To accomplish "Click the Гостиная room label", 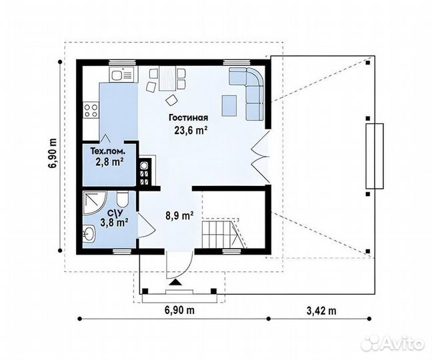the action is [x=189, y=117].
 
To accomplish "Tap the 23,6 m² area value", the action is [x=191, y=130].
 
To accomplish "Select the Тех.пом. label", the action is [x=108, y=151].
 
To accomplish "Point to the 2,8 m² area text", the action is [x=109, y=162].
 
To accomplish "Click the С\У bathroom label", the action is [x=114, y=213].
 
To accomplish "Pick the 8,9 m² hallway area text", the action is [x=179, y=216].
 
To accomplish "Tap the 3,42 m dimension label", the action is [x=321, y=311].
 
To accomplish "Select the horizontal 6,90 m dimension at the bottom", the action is [x=179, y=310].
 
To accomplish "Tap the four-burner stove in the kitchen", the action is [x=91, y=110].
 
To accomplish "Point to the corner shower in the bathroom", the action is [x=94, y=203].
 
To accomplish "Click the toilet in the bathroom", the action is [x=122, y=199].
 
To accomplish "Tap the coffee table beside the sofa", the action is [x=229, y=105].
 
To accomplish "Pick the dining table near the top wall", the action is [x=167, y=78].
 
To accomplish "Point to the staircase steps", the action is [x=218, y=231].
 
